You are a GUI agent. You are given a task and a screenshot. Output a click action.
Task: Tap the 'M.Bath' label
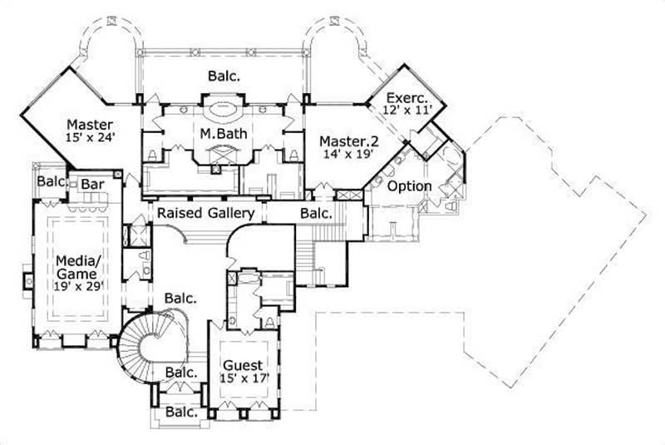219,133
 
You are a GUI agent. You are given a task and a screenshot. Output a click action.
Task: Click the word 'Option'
410,185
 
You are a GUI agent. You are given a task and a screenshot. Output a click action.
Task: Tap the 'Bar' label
90,182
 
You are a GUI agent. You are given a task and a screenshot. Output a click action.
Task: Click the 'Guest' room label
243,365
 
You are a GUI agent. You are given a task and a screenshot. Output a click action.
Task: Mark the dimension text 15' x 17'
243,379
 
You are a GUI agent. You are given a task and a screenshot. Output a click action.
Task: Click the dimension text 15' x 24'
90,138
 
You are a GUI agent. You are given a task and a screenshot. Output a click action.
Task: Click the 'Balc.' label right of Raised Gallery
315,214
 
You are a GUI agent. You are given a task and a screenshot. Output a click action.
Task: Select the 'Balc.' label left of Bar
52,180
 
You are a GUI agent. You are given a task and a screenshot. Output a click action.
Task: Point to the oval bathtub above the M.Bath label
220,107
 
